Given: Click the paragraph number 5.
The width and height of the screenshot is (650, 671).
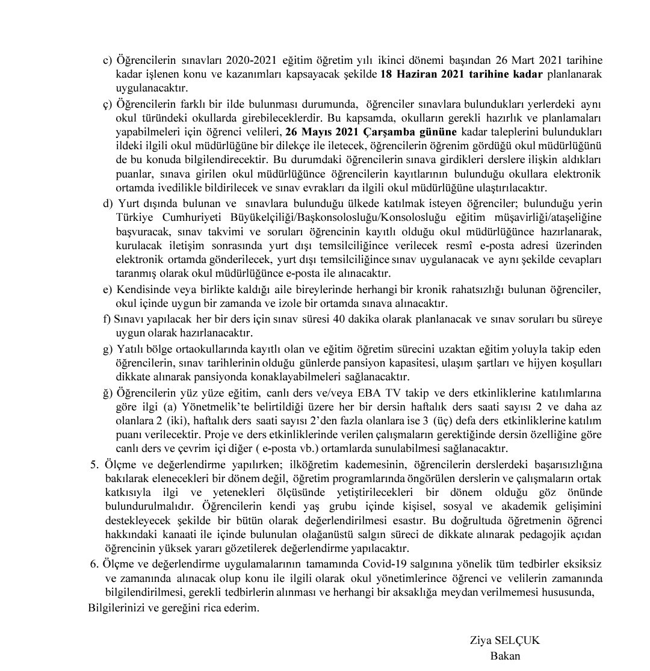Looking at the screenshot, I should pyautogui.click(x=93, y=464).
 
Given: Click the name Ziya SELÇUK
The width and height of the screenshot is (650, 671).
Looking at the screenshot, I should pyautogui.click(x=505, y=641).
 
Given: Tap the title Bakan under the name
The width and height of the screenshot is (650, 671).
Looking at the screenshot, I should pyautogui.click(x=505, y=656).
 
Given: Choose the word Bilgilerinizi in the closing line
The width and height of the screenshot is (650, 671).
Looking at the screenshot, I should pyautogui.click(x=117, y=608).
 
